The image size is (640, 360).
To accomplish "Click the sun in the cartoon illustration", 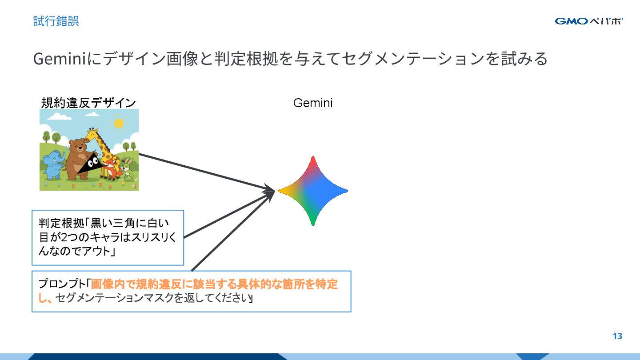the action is click(119, 123).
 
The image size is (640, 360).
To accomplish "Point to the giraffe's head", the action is click(92, 133).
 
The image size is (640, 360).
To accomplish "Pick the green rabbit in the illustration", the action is click(128, 169).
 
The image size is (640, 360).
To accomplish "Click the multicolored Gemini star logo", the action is click(313, 191).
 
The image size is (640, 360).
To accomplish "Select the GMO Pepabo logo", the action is click(588, 21).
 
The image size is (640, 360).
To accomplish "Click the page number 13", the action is click(617, 336).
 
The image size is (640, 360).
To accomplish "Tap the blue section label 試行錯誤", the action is click(56, 21).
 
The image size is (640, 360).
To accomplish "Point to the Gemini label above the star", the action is click(313, 103).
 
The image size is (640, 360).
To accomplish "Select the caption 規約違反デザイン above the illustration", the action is click(88, 103).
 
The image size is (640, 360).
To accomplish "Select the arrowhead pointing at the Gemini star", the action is click(269, 192).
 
